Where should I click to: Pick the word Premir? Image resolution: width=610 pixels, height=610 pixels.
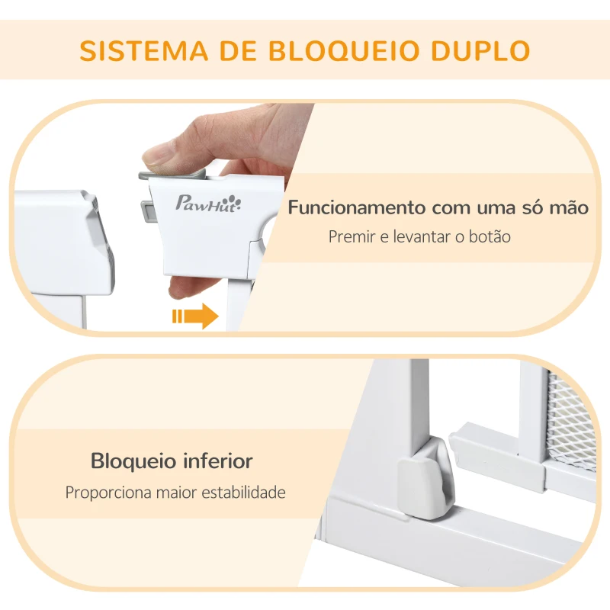(349, 236)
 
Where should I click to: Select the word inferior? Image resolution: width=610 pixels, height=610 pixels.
(218, 461)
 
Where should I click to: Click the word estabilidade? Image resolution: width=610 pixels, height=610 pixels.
(241, 493)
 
